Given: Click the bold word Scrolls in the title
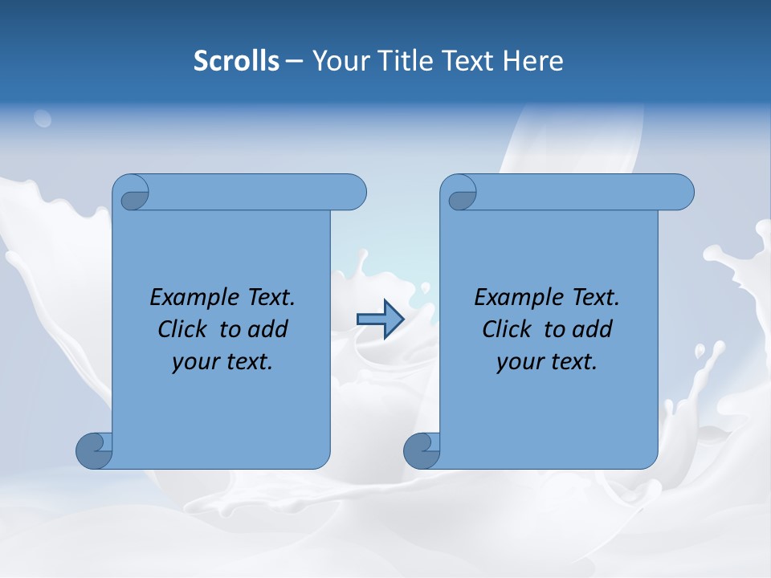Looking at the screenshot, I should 237,60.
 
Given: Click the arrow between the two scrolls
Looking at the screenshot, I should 380,320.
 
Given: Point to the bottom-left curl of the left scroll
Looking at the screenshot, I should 94,450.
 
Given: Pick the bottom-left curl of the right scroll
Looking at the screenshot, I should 421,450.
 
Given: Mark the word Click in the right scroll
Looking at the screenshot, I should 508,330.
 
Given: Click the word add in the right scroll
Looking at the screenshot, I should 594,330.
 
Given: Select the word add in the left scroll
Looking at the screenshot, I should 269,330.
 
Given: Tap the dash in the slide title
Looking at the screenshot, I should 295,60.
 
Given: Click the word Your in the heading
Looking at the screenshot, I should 337,60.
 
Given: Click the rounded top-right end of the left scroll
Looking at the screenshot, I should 353,192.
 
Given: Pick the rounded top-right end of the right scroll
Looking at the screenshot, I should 681,192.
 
